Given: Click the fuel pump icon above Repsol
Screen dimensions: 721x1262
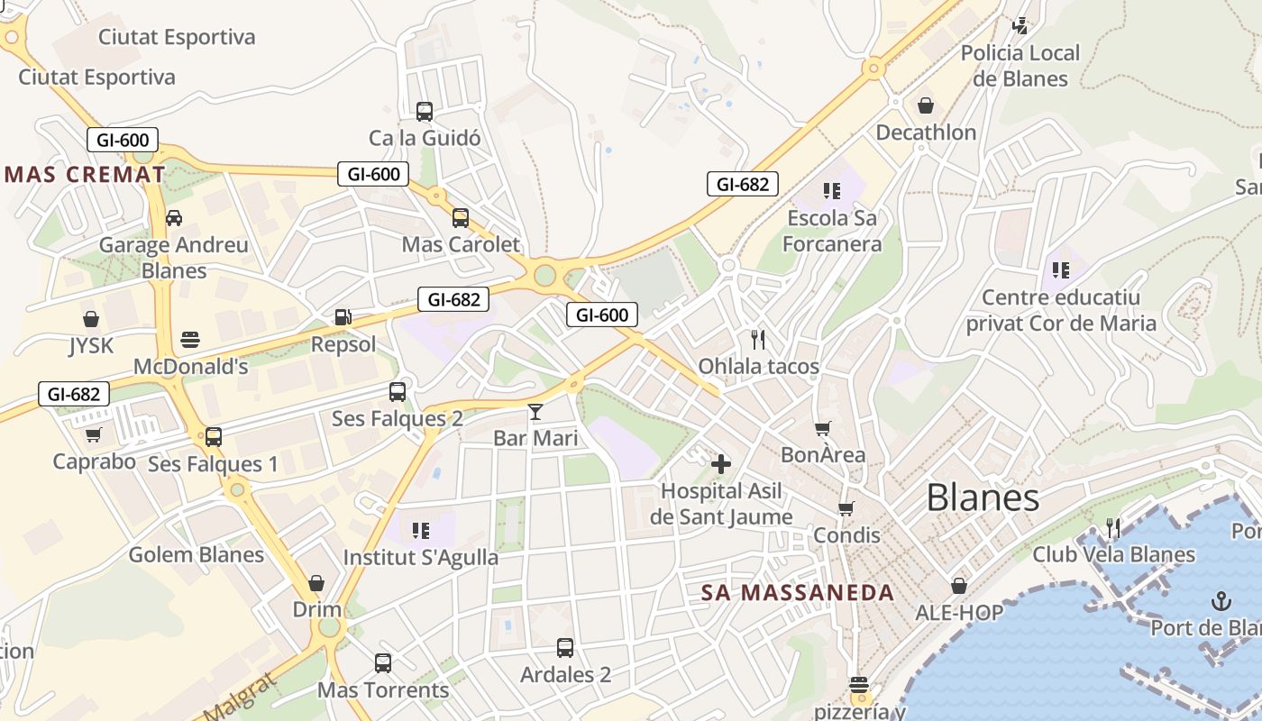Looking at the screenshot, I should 343,316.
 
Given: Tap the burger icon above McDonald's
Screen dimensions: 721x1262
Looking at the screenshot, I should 189,340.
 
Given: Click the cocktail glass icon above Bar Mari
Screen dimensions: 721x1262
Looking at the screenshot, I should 535,412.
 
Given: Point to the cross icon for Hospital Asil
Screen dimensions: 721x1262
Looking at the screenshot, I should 721,464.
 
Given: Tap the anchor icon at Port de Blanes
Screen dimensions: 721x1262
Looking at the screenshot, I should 1221,600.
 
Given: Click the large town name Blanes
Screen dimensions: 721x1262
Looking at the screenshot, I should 983,497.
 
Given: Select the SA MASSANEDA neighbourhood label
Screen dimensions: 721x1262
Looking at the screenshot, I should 798,592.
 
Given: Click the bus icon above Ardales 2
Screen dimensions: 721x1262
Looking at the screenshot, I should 565,647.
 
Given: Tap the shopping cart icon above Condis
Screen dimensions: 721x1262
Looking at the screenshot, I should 846,508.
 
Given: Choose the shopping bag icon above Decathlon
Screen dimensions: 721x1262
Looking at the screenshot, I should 926,105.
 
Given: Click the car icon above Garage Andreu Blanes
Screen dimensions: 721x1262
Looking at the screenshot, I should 174,217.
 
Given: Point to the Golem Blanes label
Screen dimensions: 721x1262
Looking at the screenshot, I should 197,554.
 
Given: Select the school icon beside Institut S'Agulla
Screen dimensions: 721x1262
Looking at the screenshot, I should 420,530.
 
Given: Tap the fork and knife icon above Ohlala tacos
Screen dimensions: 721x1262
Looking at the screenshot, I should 758,339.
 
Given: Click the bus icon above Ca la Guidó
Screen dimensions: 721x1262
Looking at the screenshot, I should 425,112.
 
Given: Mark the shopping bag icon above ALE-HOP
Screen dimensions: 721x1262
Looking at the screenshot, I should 959,586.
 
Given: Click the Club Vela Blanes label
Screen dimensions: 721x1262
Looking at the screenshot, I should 1114,553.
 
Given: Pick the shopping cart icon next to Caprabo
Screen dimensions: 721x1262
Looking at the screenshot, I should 93,435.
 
